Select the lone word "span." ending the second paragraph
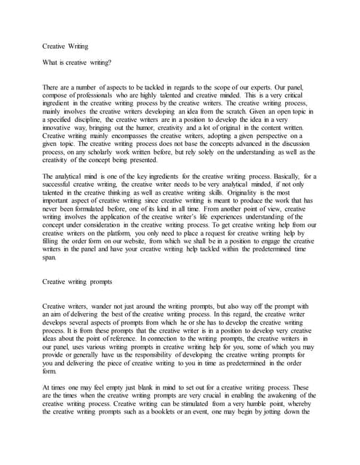click(x=49, y=256)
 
